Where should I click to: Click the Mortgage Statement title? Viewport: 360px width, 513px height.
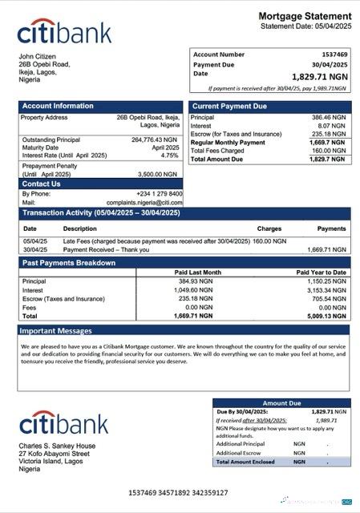click(305, 16)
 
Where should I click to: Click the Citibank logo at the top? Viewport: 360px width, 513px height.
click(64, 32)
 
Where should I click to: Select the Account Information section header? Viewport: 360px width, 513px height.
click(58, 106)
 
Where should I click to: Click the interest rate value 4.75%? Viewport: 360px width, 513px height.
click(169, 156)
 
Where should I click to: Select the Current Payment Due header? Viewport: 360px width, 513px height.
click(229, 106)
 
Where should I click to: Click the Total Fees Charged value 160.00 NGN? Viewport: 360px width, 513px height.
click(330, 151)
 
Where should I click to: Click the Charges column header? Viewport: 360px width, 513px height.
click(269, 229)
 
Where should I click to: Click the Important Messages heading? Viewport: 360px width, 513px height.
click(56, 330)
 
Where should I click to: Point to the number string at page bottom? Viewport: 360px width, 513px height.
click(178, 492)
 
